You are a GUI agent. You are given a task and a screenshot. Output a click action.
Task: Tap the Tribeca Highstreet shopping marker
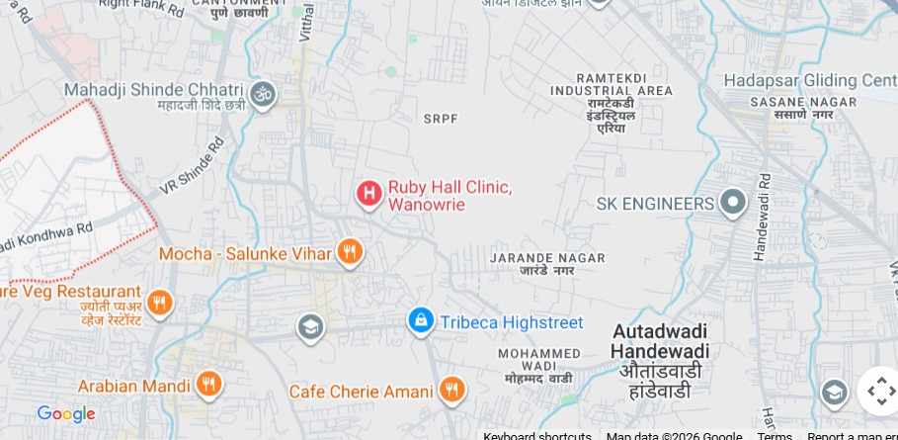tap(421, 320)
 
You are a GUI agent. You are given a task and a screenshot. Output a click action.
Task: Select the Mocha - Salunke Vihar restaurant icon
tap(349, 253)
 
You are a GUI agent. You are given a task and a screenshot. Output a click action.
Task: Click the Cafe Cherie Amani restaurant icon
tap(451, 390)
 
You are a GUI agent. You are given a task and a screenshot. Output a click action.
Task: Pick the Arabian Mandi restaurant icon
tap(207, 384)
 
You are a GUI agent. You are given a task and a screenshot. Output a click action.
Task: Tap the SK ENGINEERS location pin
tap(732, 204)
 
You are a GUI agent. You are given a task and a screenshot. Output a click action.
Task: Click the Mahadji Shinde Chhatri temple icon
tap(263, 94)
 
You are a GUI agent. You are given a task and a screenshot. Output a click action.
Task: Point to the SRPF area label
tap(441, 119)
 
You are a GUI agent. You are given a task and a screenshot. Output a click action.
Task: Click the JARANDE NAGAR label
tap(546, 258)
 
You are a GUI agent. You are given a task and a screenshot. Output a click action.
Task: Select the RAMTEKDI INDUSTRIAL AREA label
tap(611, 91)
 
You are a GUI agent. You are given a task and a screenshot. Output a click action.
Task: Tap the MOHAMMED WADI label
tap(538, 354)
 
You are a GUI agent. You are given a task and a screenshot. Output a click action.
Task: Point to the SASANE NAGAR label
tap(792, 101)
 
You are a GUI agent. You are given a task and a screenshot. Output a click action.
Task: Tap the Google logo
tap(66, 414)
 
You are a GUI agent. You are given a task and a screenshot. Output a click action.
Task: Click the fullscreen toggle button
tap(878, 391)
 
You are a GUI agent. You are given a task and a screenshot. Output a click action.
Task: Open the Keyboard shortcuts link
tap(537, 436)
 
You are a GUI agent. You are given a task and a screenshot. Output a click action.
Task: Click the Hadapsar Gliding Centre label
tap(808, 80)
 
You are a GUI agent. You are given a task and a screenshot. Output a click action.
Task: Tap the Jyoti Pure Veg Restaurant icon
tap(159, 302)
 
